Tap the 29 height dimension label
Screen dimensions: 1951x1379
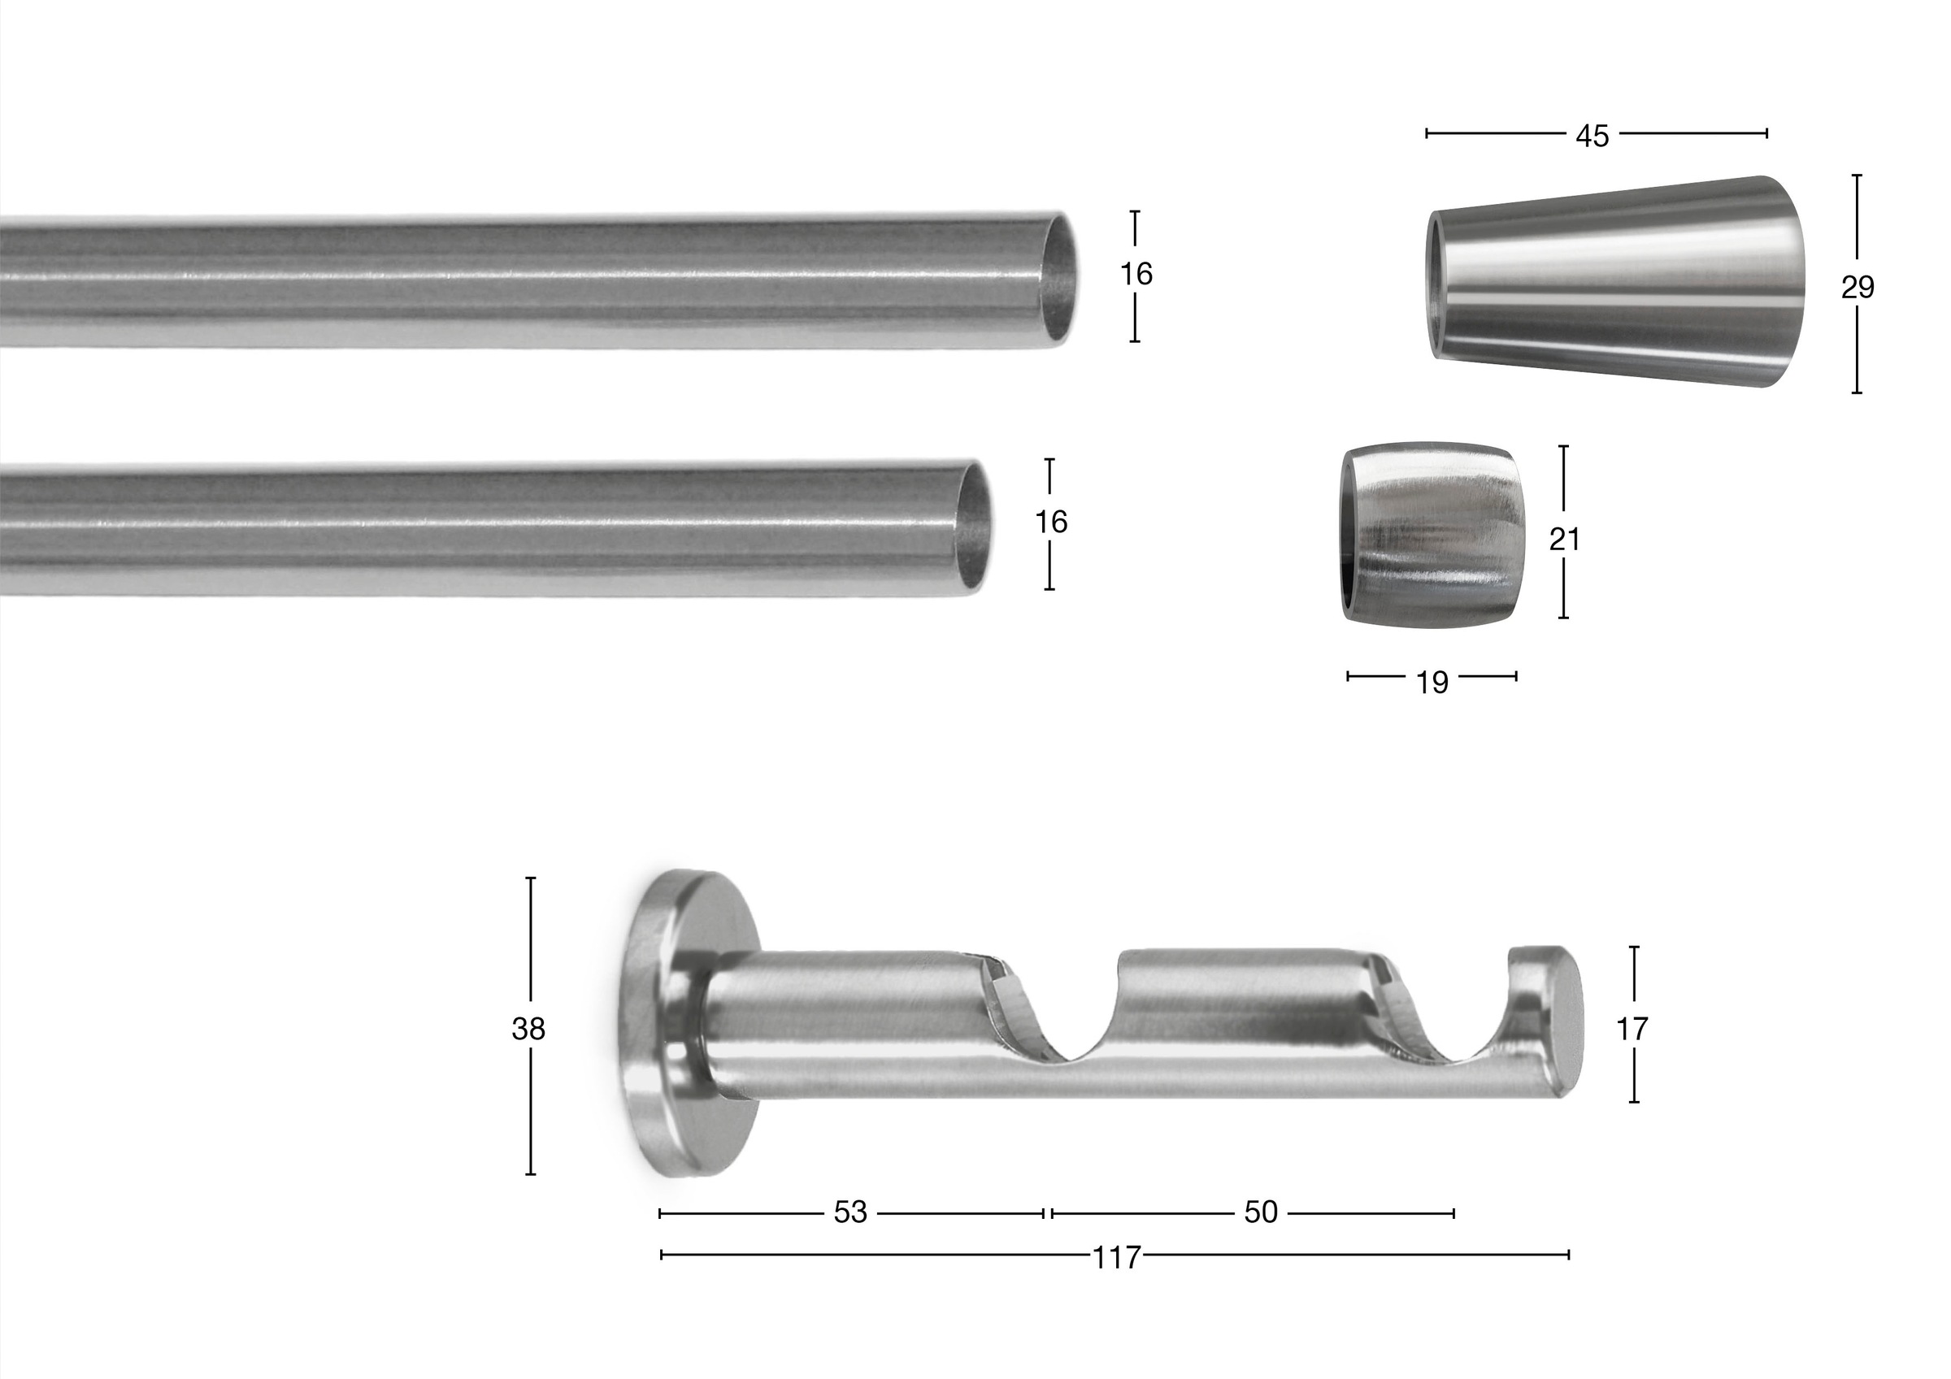point(1858,288)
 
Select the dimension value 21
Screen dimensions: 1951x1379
point(1563,539)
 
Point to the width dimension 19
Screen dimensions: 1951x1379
point(1432,683)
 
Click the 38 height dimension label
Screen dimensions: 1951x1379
point(528,1029)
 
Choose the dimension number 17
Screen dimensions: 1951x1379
point(1632,1029)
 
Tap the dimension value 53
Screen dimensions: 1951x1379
point(849,1212)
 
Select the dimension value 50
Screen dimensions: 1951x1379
point(1260,1212)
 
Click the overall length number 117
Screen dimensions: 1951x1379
point(1115,1257)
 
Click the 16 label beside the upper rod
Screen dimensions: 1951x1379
point(1136,274)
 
